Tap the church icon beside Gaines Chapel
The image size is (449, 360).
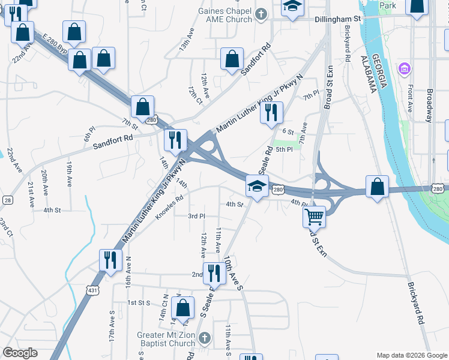coord(261,14)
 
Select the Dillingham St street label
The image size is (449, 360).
coord(337,19)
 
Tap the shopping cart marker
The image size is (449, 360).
coord(314,217)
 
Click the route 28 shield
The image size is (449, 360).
coord(7,200)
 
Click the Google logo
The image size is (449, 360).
coord(20,353)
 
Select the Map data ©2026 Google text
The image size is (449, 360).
coord(411,355)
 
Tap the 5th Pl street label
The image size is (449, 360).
coord(284,149)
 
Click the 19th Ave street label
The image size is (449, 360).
coord(70,173)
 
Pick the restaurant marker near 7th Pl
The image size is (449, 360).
coord(271,112)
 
